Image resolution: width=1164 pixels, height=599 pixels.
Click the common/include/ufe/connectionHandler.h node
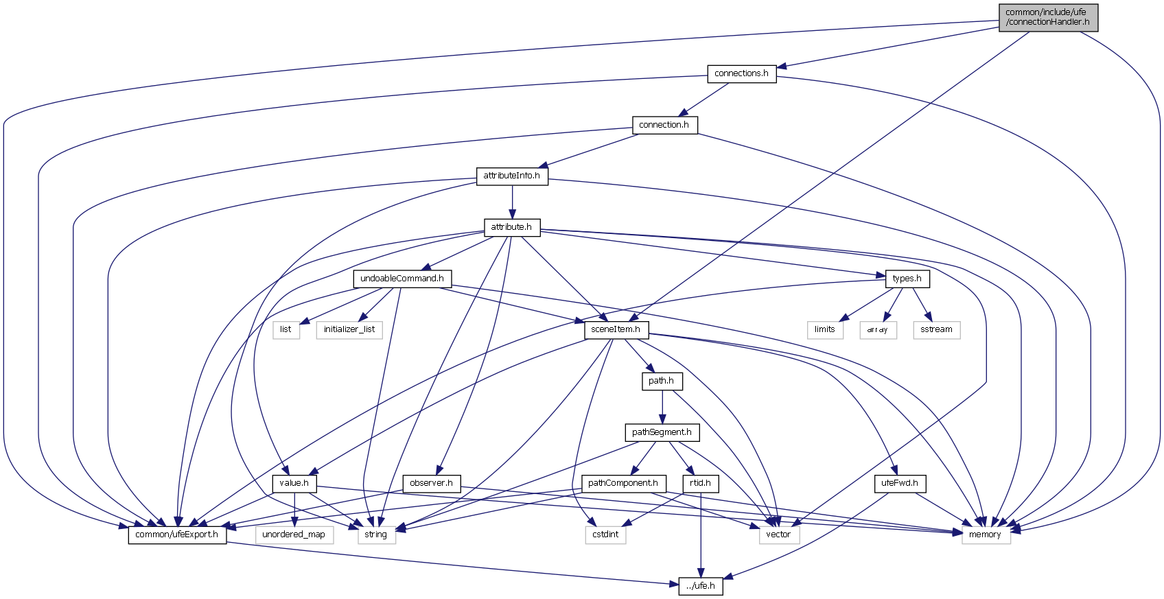[x=1048, y=17]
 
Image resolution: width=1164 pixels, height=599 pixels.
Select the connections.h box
[x=741, y=73]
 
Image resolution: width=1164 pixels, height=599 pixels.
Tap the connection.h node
[x=664, y=125]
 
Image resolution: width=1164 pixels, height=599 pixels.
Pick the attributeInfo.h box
[x=512, y=176]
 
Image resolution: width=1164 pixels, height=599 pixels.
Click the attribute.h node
[x=511, y=227]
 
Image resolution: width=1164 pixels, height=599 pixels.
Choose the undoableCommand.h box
[x=402, y=279]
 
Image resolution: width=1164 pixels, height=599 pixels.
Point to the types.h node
[x=907, y=279]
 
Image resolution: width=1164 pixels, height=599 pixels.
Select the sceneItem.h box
[x=616, y=329]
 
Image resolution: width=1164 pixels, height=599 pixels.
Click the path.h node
[x=662, y=381]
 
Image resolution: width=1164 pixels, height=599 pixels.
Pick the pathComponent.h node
[x=623, y=483]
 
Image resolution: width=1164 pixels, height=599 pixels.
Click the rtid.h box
[x=701, y=483]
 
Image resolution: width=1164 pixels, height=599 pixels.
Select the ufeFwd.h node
[x=900, y=483]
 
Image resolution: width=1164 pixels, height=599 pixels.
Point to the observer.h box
[x=431, y=483]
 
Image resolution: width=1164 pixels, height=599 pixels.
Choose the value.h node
[x=294, y=483]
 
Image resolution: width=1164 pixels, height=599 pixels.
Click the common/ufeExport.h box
[x=177, y=535]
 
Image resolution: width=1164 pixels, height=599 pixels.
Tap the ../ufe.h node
[x=701, y=586]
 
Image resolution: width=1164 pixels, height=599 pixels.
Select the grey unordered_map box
[x=294, y=535]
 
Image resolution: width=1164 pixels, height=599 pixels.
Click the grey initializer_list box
[x=349, y=329]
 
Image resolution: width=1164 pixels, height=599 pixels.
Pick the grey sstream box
[x=936, y=329]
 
